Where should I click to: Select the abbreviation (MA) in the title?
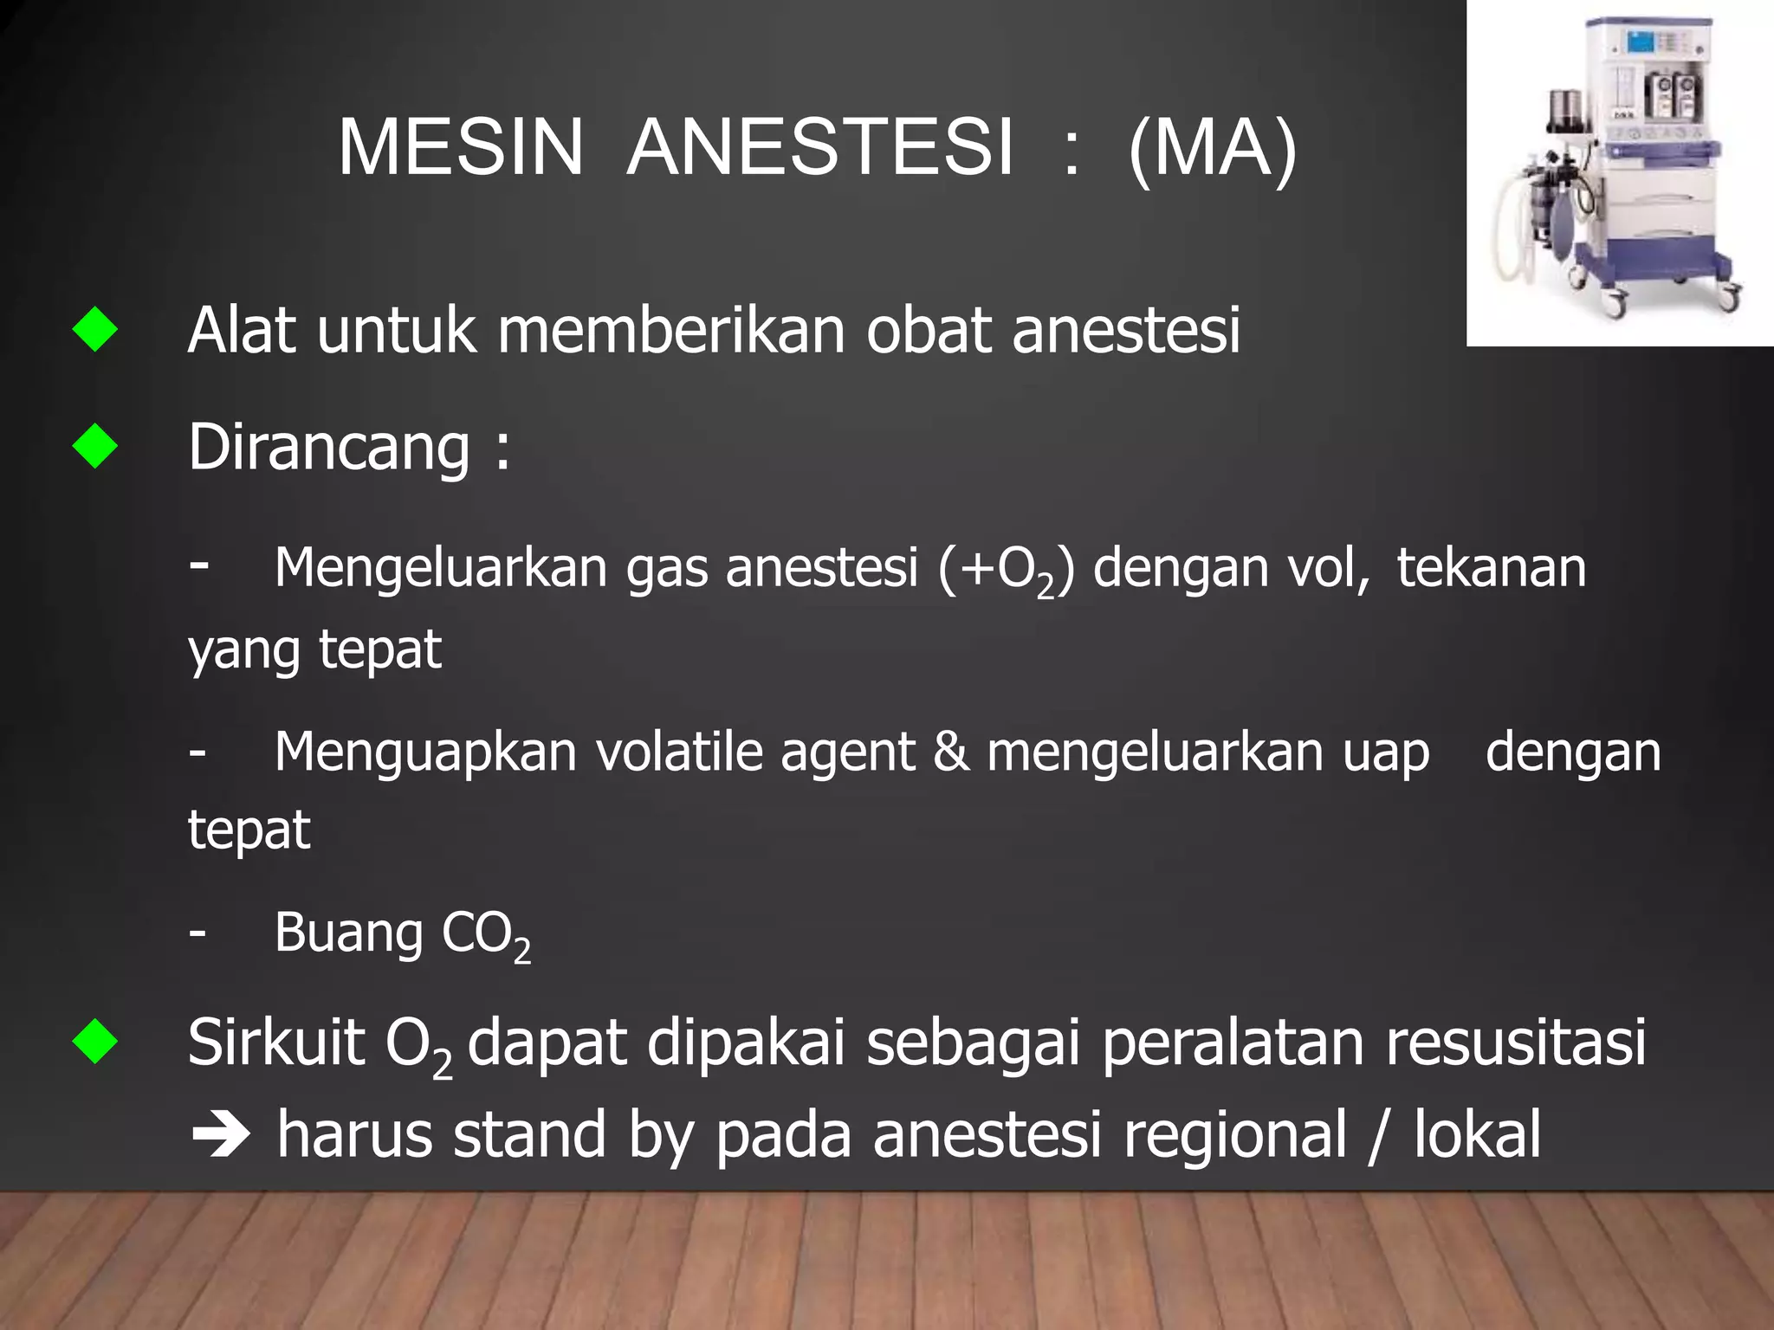click(x=1212, y=149)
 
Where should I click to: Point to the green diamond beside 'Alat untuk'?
click(x=95, y=330)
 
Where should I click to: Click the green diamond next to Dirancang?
click(x=95, y=447)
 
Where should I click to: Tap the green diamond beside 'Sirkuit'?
click(x=95, y=1041)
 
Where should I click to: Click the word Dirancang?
click(x=329, y=449)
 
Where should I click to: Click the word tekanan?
click(x=1491, y=568)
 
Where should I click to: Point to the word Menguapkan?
click(x=425, y=752)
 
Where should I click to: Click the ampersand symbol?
click(x=950, y=752)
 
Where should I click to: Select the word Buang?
click(x=348, y=933)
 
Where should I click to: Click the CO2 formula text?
click(x=485, y=935)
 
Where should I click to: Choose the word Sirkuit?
click(x=275, y=1043)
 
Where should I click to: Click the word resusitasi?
click(x=1515, y=1043)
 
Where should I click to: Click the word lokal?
click(x=1477, y=1134)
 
